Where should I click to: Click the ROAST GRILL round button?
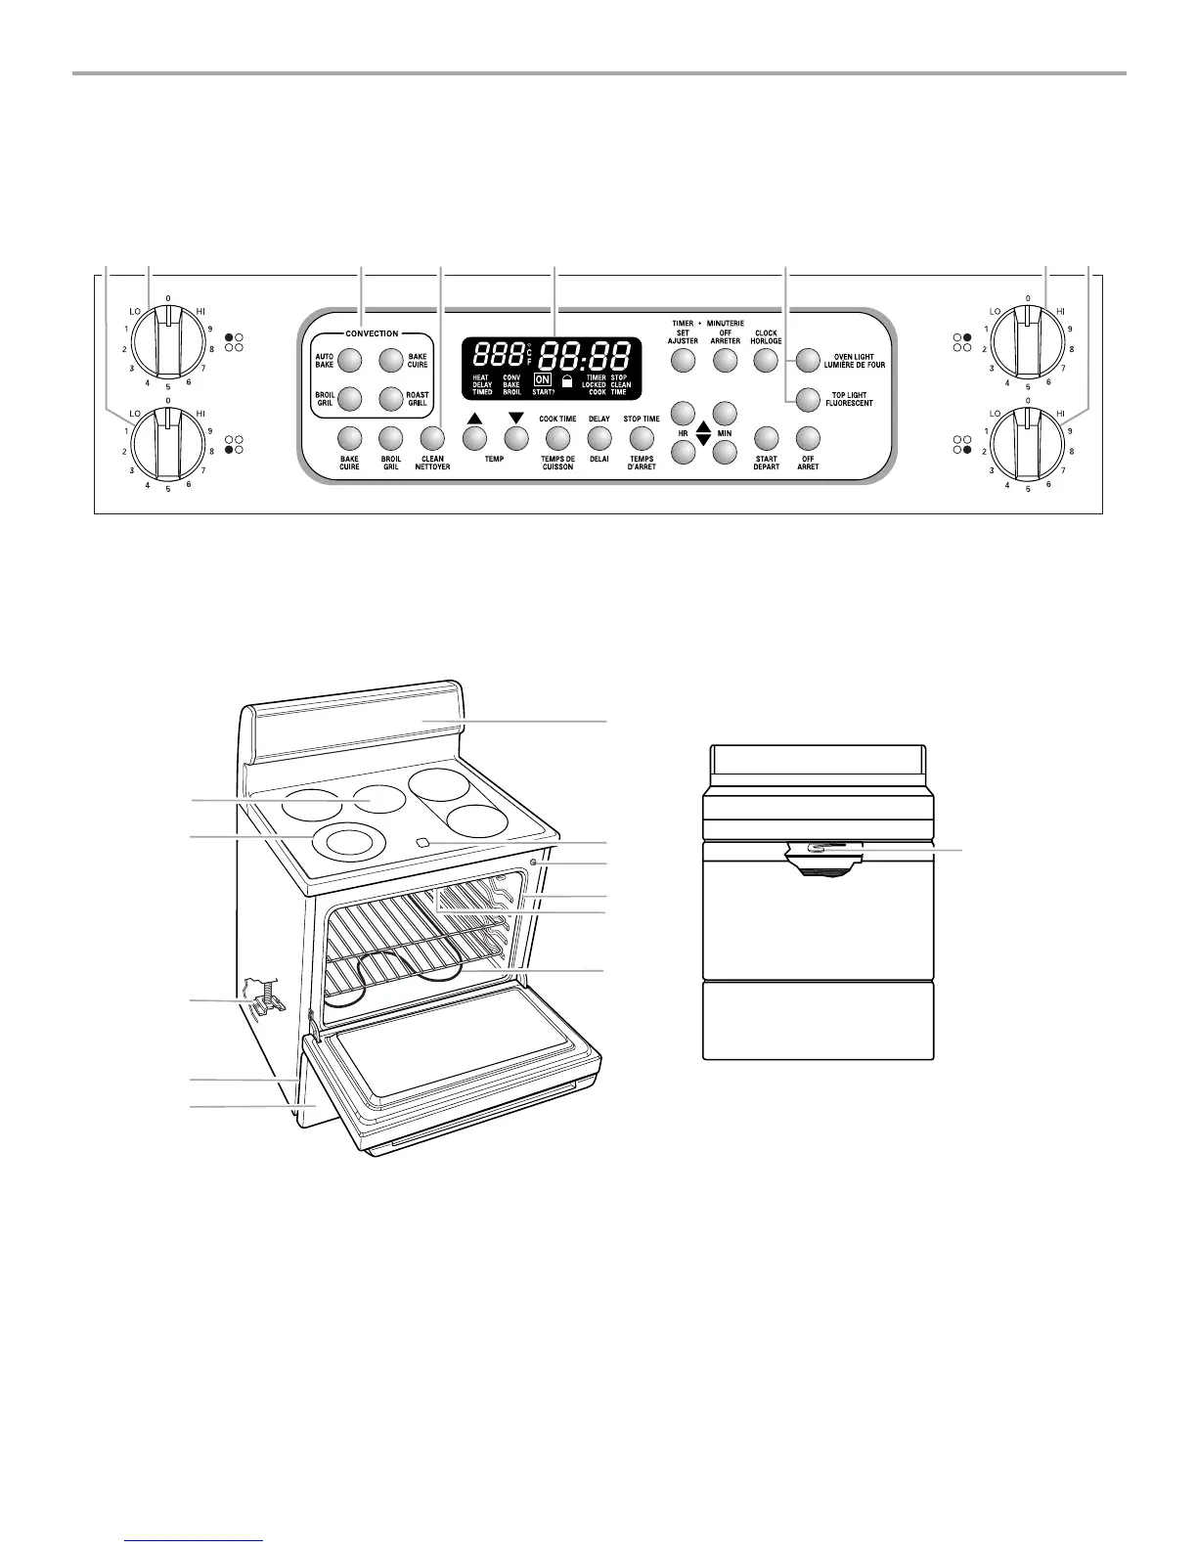click(392, 399)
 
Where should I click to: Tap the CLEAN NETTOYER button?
click(432, 438)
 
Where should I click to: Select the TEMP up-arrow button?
click(474, 438)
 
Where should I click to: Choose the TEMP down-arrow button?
click(515, 438)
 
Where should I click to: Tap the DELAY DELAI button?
click(599, 438)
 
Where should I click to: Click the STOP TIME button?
click(641, 438)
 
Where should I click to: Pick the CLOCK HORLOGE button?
click(765, 360)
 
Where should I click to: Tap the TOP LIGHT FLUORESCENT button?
click(806, 399)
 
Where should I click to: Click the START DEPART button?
click(766, 438)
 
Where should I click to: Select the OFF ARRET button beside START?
click(807, 438)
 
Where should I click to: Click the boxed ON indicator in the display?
click(542, 378)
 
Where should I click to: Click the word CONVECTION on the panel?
click(372, 333)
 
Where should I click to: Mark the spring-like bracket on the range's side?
click(263, 999)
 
